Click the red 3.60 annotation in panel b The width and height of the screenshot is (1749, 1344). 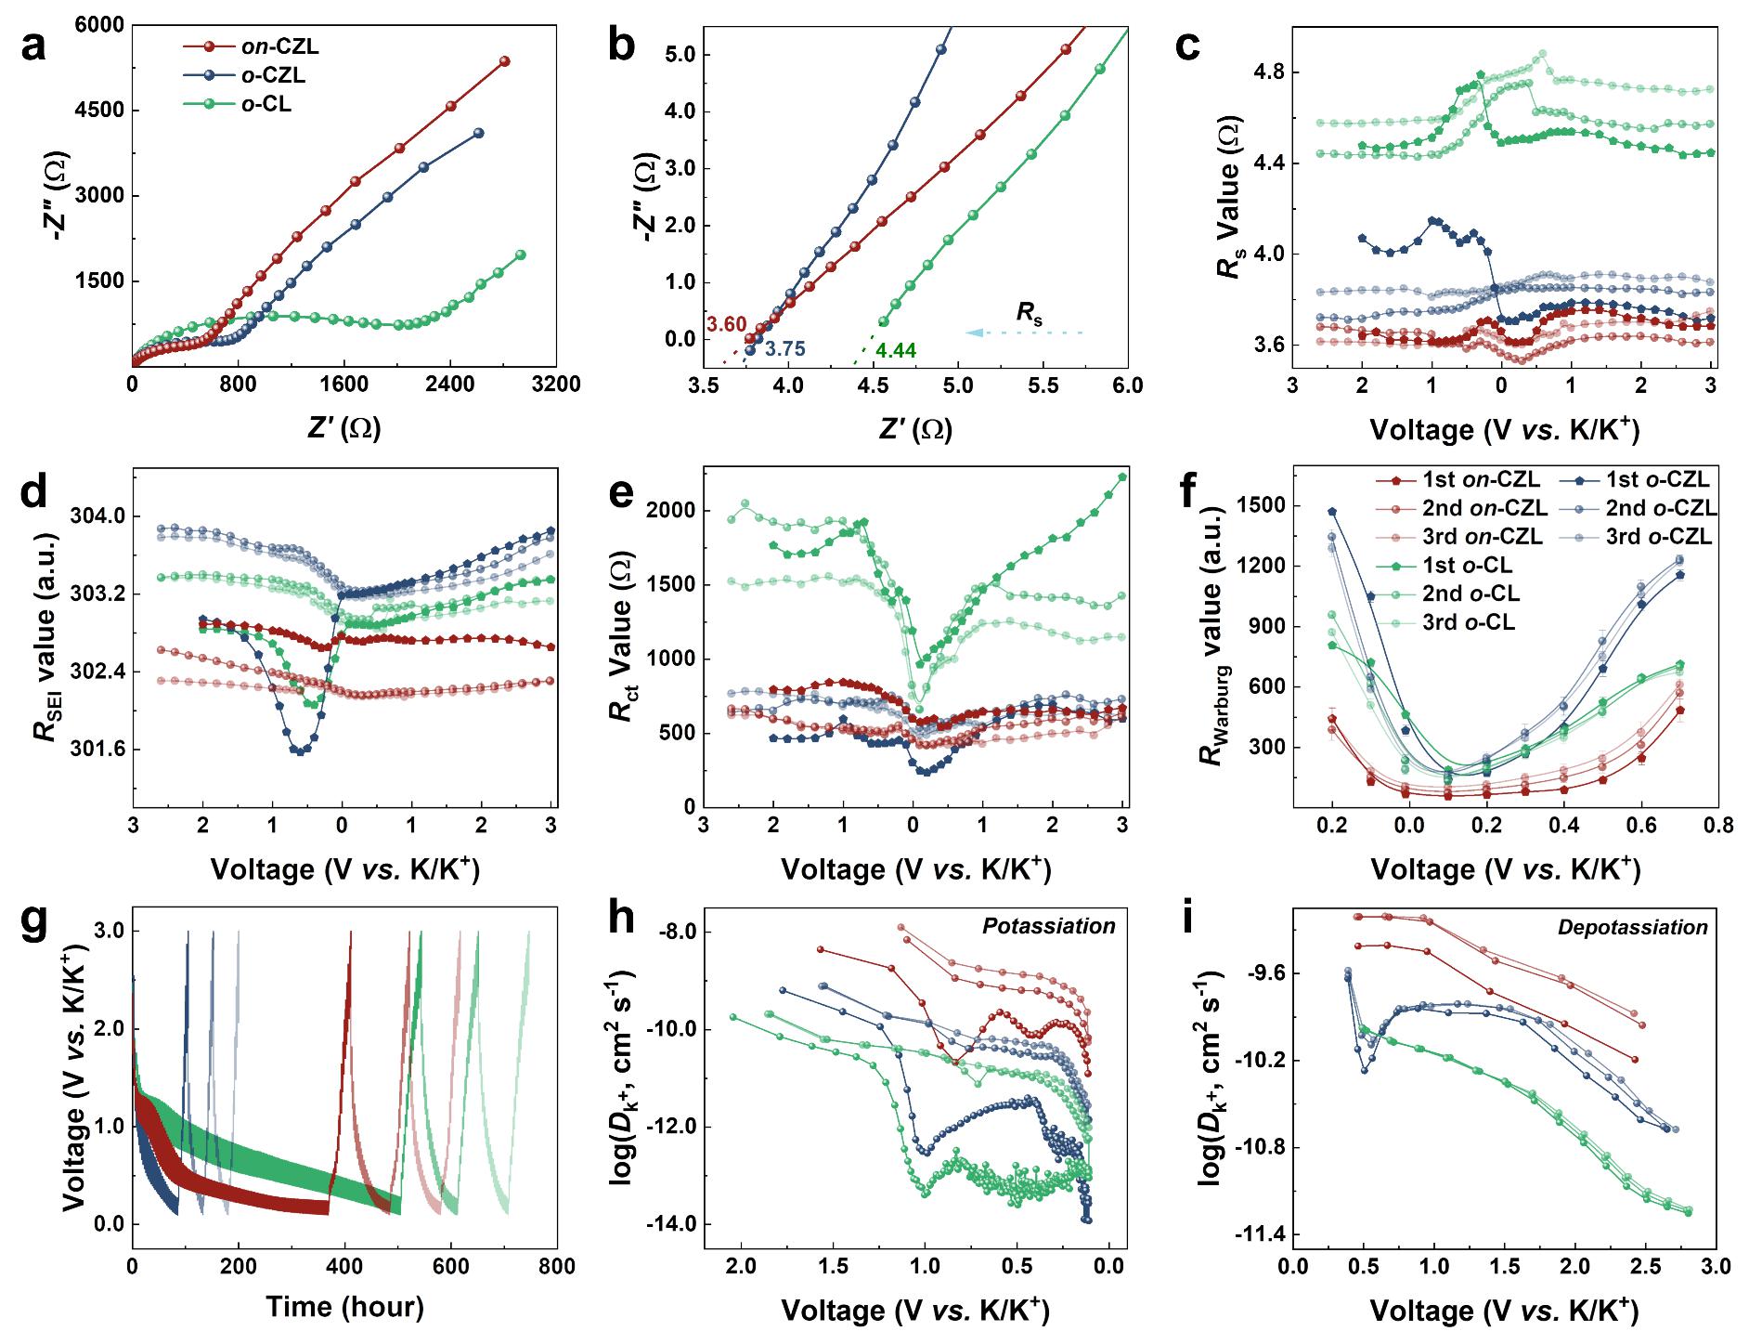[727, 324]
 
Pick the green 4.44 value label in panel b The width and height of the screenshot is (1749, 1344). [895, 350]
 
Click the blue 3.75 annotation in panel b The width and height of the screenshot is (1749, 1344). [784, 349]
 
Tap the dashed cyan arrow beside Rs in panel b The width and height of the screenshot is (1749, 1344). [1021, 332]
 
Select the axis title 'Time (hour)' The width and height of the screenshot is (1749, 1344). [344, 1307]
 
